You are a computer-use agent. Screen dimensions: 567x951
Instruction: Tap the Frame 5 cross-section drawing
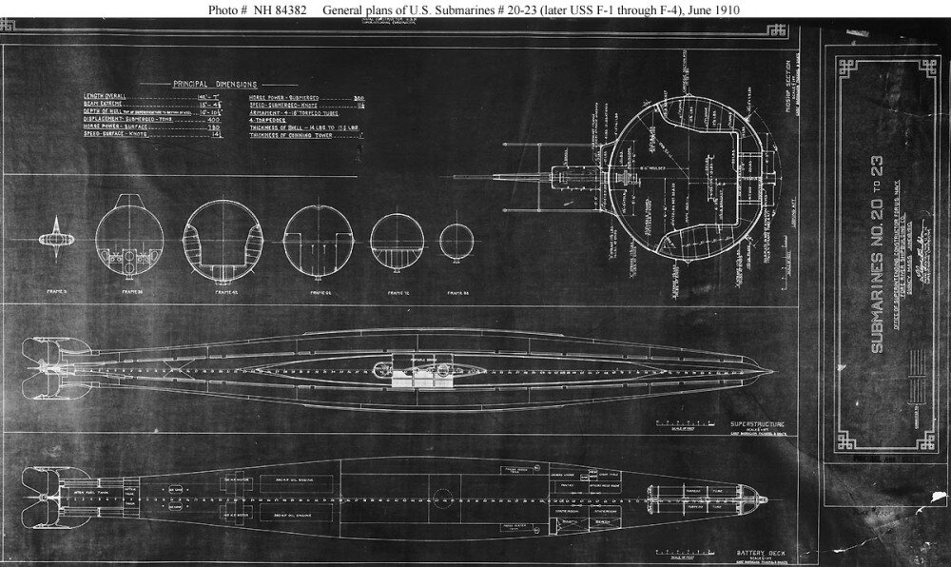(56, 234)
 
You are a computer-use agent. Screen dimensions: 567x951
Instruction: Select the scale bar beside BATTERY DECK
(674, 549)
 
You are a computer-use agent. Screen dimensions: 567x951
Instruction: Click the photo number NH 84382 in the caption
(258, 10)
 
